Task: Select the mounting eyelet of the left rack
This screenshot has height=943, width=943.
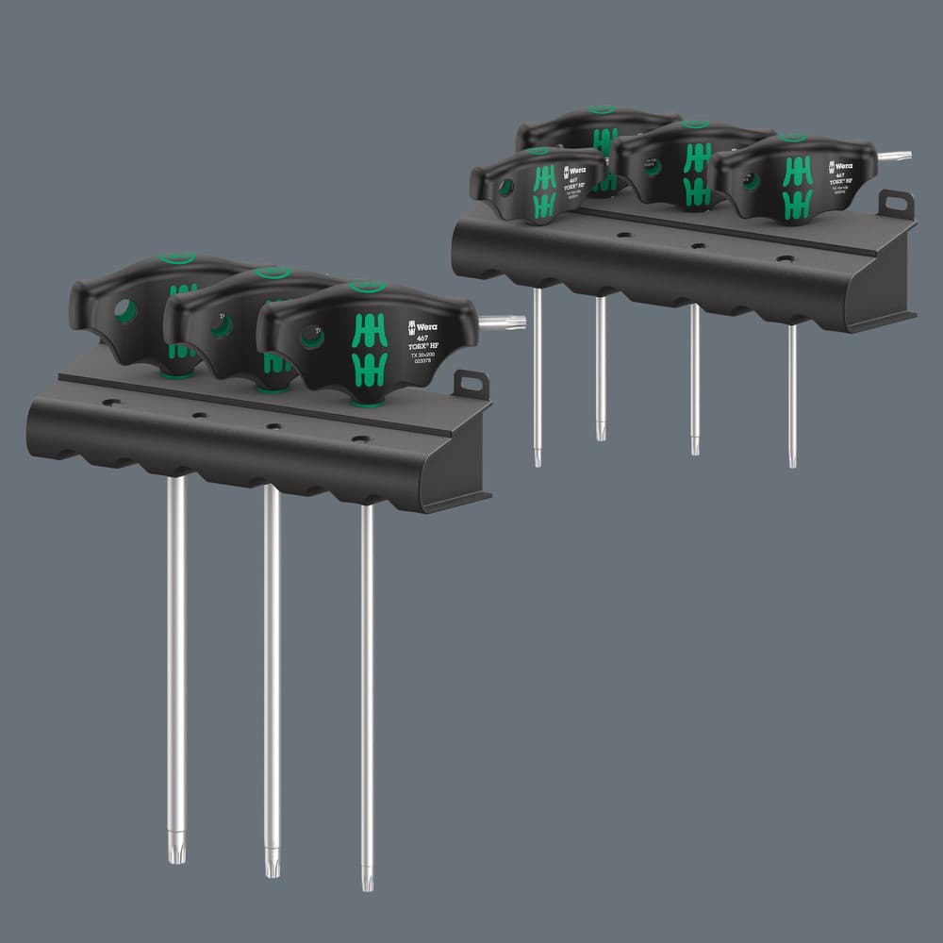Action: tap(471, 384)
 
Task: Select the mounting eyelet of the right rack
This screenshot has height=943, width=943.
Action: tap(896, 204)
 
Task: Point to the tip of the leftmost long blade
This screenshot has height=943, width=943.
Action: tap(175, 852)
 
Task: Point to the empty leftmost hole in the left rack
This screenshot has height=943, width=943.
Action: tap(111, 403)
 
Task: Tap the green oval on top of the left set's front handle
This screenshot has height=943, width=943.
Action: tap(367, 287)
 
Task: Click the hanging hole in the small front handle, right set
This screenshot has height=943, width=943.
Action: tap(505, 188)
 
